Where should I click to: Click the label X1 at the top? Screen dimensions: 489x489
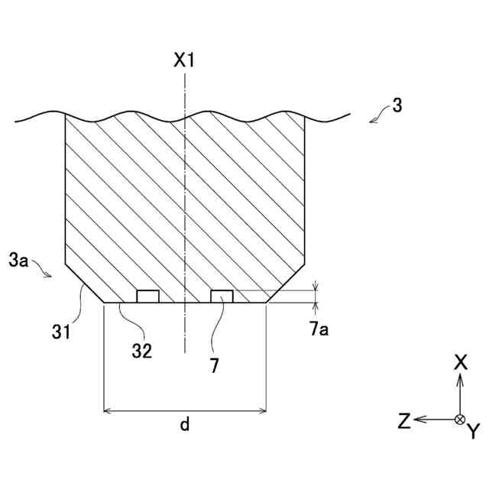click(x=184, y=60)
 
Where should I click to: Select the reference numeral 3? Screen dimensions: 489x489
click(x=397, y=106)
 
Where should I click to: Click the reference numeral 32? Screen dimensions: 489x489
click(x=141, y=351)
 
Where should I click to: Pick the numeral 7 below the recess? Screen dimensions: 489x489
click(x=215, y=366)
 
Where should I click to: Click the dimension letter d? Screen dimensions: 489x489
click(x=184, y=426)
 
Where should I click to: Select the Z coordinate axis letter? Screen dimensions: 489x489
click(x=404, y=419)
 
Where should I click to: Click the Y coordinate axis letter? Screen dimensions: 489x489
click(x=473, y=432)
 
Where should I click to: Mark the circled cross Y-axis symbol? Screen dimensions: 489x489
click(x=460, y=419)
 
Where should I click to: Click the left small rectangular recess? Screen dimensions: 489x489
click(x=147, y=296)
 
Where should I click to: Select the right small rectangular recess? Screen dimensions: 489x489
click(x=222, y=296)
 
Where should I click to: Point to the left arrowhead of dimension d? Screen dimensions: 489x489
click(x=107, y=411)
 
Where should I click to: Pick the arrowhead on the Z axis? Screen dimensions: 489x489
click(x=420, y=419)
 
